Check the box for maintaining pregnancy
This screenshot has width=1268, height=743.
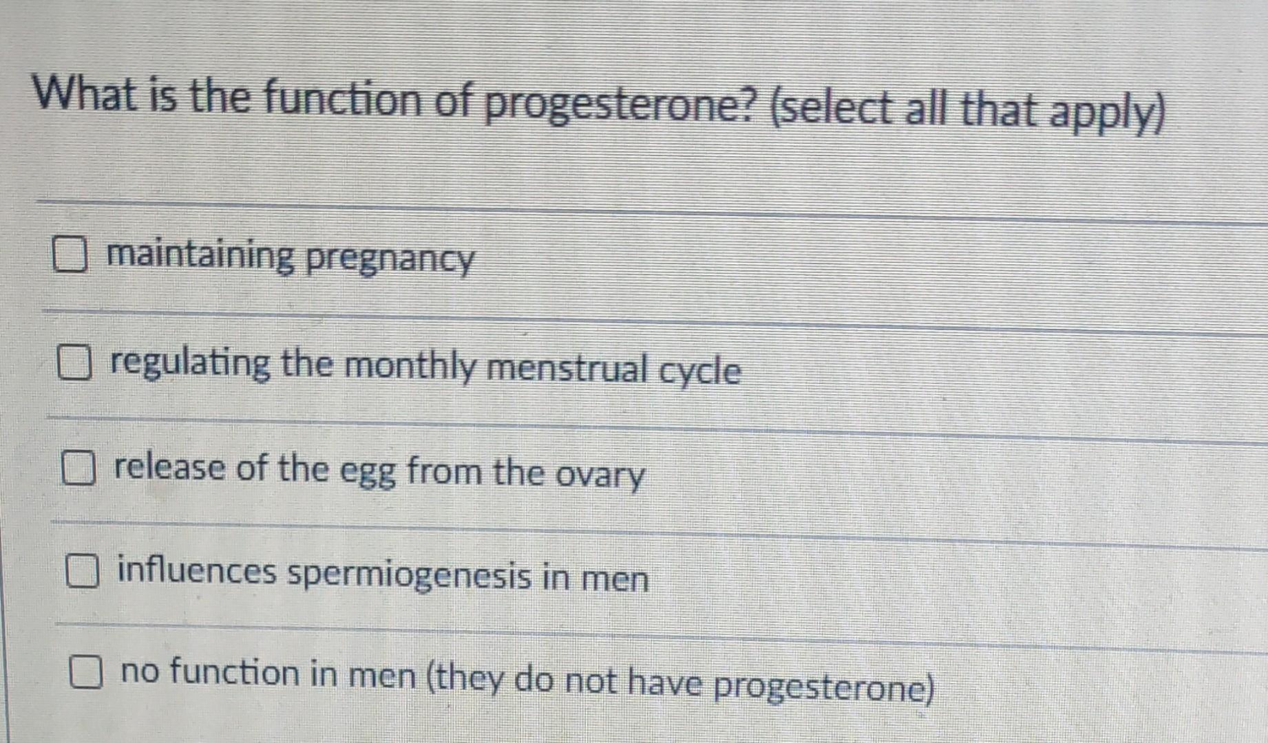coord(70,255)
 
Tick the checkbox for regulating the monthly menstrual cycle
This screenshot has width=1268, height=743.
coord(74,363)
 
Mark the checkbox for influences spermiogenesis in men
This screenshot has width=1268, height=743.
coord(82,572)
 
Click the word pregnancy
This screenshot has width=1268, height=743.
coord(390,260)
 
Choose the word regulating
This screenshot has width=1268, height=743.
coord(191,363)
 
